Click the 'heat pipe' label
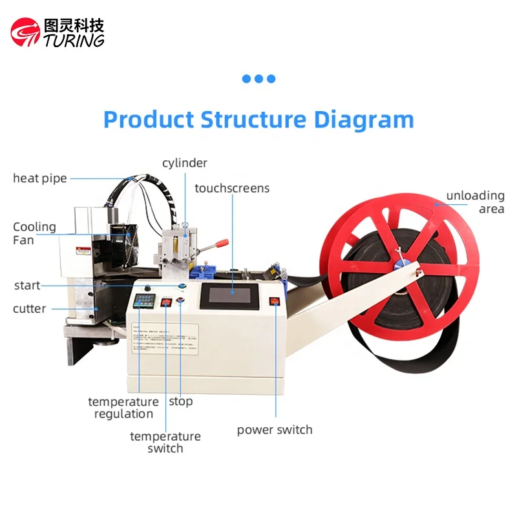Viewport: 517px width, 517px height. point(40,178)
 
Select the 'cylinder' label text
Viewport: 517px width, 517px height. point(185,164)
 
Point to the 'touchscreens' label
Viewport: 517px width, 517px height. point(232,189)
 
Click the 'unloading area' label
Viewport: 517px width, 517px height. point(475,202)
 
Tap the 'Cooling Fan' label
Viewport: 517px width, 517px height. point(34,233)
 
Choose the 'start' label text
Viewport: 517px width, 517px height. point(27,286)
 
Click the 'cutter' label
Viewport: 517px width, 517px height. point(29,309)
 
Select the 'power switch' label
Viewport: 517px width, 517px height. point(275,430)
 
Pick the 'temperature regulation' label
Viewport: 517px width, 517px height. point(123,408)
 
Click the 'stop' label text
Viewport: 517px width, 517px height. point(181,402)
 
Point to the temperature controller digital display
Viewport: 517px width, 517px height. point(145,301)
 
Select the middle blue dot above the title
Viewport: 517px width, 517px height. point(258,79)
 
